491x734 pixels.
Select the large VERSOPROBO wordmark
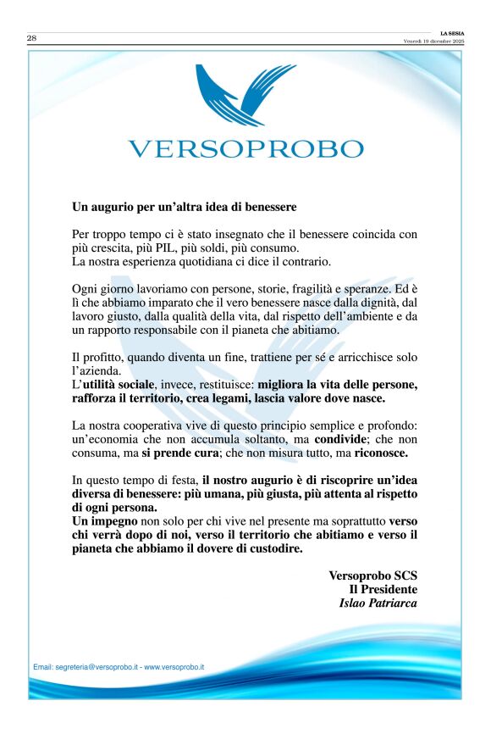245,149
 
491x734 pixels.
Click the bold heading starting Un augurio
184,206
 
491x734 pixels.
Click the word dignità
369,303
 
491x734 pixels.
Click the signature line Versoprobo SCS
373,576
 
